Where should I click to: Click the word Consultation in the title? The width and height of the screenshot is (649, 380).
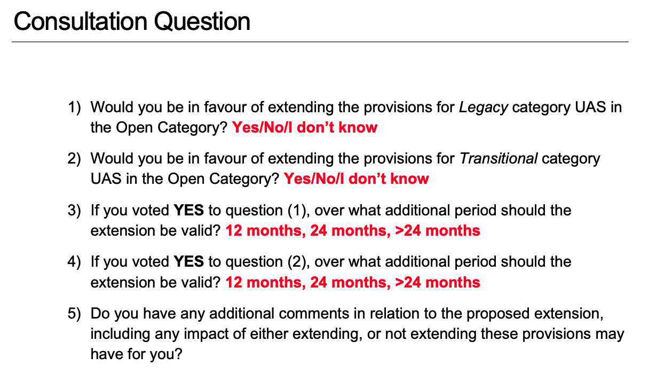click(x=81, y=21)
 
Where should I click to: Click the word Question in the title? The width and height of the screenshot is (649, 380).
click(x=202, y=22)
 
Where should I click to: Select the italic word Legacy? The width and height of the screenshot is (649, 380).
click(x=483, y=107)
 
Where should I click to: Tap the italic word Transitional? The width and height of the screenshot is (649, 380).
click(x=498, y=159)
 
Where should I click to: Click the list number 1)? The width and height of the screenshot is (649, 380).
click(x=74, y=107)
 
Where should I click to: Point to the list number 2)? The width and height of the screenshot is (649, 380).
click(x=74, y=159)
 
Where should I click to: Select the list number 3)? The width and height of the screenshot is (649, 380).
click(x=74, y=210)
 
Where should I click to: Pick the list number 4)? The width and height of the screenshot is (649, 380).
click(x=74, y=262)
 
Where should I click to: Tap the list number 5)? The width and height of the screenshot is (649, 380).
click(x=74, y=314)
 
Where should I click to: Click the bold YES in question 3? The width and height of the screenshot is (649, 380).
click(x=188, y=210)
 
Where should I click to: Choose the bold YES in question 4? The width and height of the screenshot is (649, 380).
click(x=188, y=262)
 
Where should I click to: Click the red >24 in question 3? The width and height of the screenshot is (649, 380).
click(x=408, y=231)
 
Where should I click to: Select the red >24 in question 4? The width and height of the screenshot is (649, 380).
click(x=408, y=283)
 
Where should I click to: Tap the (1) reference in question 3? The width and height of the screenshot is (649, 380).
click(x=298, y=211)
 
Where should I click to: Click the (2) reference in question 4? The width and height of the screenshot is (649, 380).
click(x=298, y=262)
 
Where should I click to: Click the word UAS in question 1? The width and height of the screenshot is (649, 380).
click(x=590, y=107)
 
